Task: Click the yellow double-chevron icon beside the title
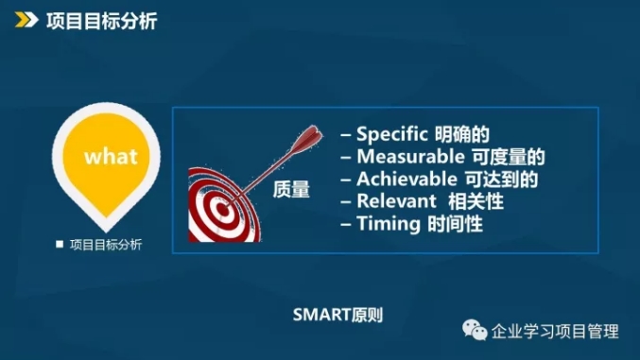pyautogui.click(x=26, y=20)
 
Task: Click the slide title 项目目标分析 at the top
pyautogui.click(x=102, y=21)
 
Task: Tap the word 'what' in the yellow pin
pyautogui.click(x=111, y=156)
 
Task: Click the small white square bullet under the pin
pyautogui.click(x=60, y=244)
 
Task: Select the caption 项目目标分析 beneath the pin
pyautogui.click(x=106, y=245)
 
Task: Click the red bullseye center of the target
pyautogui.click(x=222, y=210)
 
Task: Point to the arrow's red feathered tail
pyautogui.click(x=307, y=139)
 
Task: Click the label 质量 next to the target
pyautogui.click(x=291, y=189)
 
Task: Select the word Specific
pyautogui.click(x=392, y=134)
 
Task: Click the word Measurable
pyautogui.click(x=410, y=156)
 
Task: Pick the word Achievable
pyautogui.click(x=406, y=179)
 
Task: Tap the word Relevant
pyautogui.click(x=397, y=201)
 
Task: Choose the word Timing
pyautogui.click(x=389, y=224)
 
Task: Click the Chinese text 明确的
pyautogui.click(x=462, y=134)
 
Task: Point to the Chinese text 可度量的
pyautogui.click(x=509, y=157)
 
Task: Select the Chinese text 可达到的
pyautogui.click(x=502, y=180)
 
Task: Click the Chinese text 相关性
pyautogui.click(x=476, y=201)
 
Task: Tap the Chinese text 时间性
pyautogui.click(x=456, y=224)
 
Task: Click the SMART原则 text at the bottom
pyautogui.click(x=337, y=315)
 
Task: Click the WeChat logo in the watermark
pyautogui.click(x=475, y=330)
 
